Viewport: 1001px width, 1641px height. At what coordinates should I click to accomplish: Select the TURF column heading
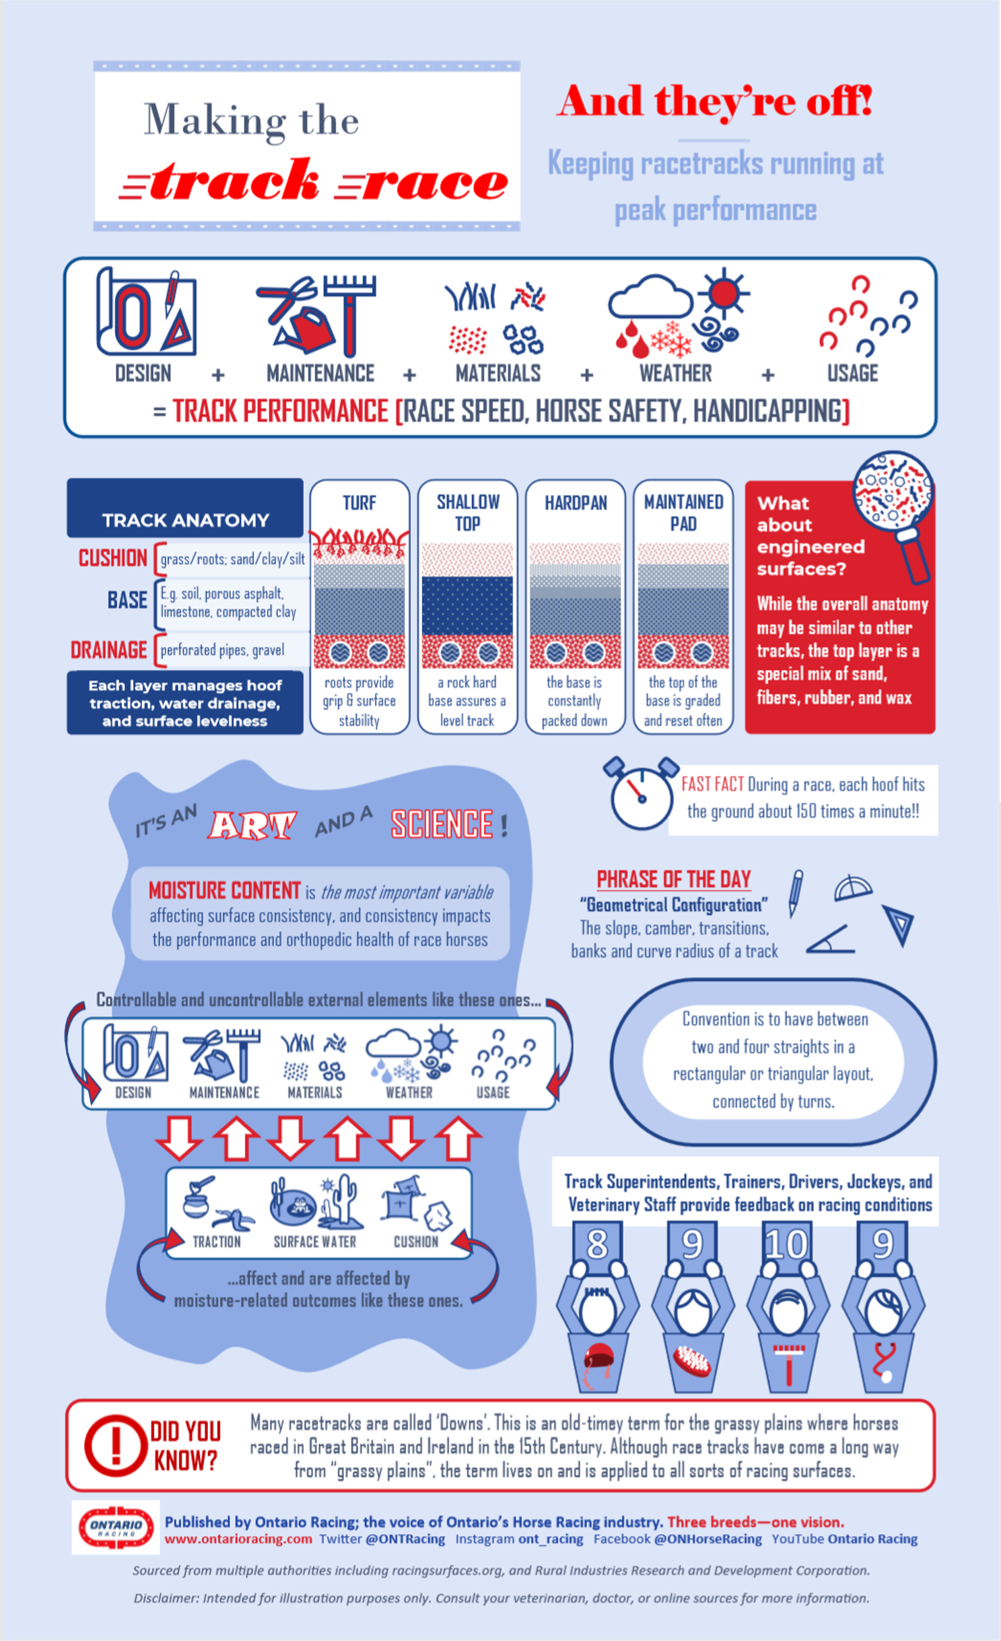tap(359, 503)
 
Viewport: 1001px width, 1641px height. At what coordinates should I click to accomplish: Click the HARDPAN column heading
tap(576, 503)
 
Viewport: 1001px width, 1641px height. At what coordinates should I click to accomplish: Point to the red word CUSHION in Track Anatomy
tap(112, 558)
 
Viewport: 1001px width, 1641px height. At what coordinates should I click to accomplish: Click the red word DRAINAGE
tap(108, 650)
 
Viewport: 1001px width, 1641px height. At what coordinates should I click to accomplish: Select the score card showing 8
tap(597, 1244)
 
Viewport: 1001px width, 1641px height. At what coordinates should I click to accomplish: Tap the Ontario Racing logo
tap(116, 1528)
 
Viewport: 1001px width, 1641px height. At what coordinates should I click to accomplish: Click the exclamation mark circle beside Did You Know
tap(115, 1445)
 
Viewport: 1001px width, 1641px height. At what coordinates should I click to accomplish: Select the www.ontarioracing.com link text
tap(238, 1539)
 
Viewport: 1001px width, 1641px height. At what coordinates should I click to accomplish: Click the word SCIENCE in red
tap(442, 824)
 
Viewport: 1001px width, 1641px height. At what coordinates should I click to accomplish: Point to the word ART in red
tap(252, 825)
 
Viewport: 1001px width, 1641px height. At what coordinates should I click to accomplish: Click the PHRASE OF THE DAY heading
tap(673, 879)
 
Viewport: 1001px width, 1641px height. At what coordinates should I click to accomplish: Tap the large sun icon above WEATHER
tap(724, 294)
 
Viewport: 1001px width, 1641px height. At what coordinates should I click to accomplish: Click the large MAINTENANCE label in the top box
tap(320, 374)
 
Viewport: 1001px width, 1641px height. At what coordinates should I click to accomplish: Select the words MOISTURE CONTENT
tap(224, 891)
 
